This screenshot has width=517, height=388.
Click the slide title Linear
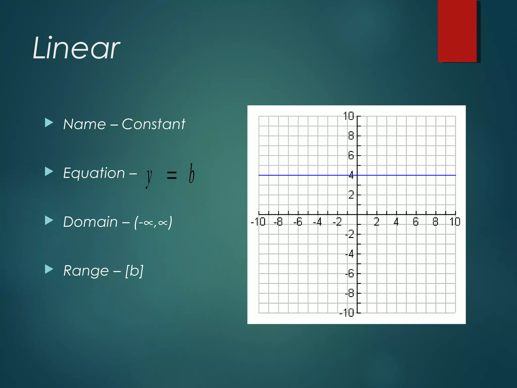[76, 48]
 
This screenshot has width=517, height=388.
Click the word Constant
[153, 124]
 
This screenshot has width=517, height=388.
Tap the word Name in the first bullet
[85, 124]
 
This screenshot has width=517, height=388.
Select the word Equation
[94, 173]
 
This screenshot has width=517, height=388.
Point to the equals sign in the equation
[172, 175]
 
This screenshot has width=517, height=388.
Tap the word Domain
[90, 222]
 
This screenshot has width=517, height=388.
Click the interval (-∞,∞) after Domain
[153, 222]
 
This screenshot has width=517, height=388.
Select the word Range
[86, 271]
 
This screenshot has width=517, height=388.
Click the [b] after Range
[134, 271]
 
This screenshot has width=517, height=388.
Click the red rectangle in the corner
[457, 31]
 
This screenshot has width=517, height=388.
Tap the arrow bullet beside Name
[49, 123]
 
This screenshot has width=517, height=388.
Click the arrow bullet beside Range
[49, 269]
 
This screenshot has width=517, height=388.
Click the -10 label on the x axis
[258, 222]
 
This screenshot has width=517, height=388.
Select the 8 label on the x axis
[435, 222]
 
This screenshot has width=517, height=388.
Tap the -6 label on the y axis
[350, 273]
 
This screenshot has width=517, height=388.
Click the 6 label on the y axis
[351, 155]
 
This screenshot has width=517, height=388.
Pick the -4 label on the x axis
[317, 222]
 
